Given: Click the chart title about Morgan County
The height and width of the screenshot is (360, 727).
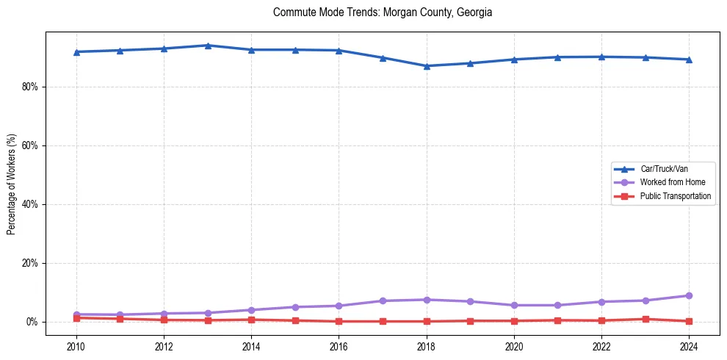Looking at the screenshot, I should click(382, 12).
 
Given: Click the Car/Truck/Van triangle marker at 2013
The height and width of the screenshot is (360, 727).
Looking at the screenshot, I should click(208, 46).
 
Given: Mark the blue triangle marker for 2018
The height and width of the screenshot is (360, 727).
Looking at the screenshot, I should click(427, 66).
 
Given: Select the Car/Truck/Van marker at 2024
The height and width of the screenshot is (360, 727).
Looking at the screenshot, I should click(689, 60).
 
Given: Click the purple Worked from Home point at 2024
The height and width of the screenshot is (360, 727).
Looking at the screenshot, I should click(689, 295).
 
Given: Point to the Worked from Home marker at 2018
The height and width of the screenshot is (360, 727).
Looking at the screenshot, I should click(427, 300).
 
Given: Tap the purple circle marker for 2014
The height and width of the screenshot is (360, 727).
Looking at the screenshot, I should click(251, 310).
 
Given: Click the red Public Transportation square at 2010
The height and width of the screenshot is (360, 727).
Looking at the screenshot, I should click(76, 318).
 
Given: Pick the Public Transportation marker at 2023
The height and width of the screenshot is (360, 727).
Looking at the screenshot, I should click(645, 319).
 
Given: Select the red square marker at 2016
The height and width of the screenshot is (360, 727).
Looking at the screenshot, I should click(339, 321).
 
